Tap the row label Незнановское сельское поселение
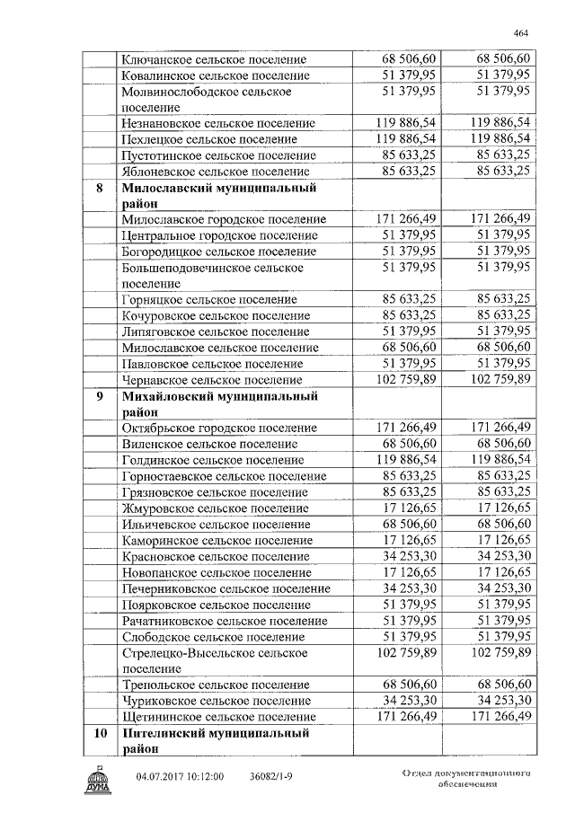click(217, 123)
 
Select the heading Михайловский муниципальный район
click(220, 403)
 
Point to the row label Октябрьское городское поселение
click(218, 428)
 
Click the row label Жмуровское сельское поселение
click(214, 508)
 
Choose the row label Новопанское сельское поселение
click(217, 571)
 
